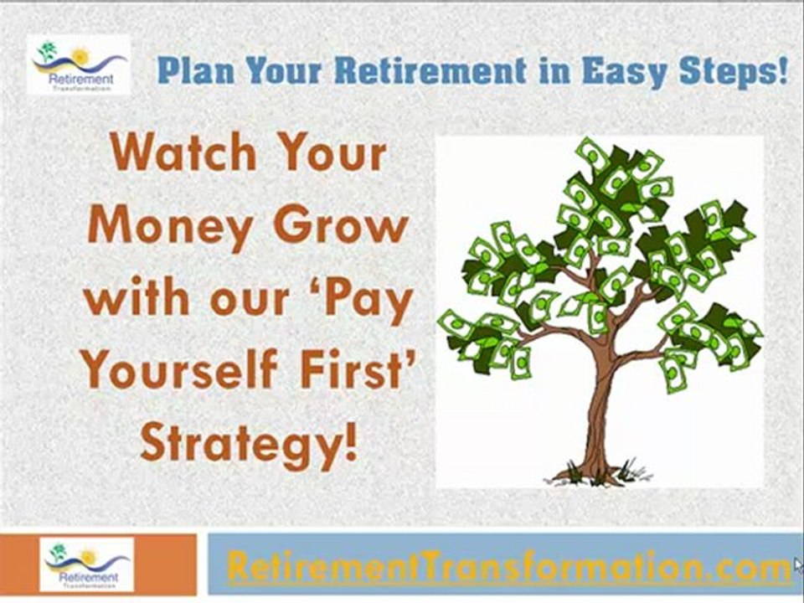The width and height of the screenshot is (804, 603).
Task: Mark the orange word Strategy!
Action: coord(249,441)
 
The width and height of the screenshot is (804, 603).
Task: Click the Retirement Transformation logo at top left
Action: coord(79,64)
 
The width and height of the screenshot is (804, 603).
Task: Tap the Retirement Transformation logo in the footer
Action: coord(87,564)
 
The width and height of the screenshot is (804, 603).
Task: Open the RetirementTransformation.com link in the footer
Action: coord(508,567)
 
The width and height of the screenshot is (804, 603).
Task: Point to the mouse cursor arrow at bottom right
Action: coord(797,564)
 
